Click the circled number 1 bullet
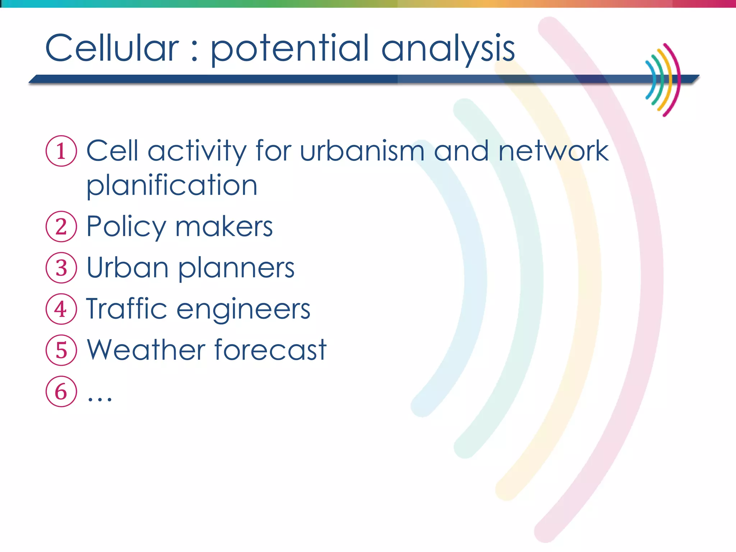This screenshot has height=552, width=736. pos(61,151)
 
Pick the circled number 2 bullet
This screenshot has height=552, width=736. pos(61,226)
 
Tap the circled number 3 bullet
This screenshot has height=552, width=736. pos(61,268)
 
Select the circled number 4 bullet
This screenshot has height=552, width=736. pos(61,309)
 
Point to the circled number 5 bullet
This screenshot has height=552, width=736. pos(61,350)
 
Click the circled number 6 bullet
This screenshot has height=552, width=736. pos(61,391)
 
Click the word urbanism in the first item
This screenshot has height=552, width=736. pos(362,151)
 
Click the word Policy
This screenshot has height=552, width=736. pos(126,227)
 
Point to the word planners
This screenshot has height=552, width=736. pos(236,268)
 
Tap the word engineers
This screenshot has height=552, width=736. pos(243,310)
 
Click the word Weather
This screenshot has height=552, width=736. pos(146,350)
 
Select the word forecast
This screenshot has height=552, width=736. pos(270,350)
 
